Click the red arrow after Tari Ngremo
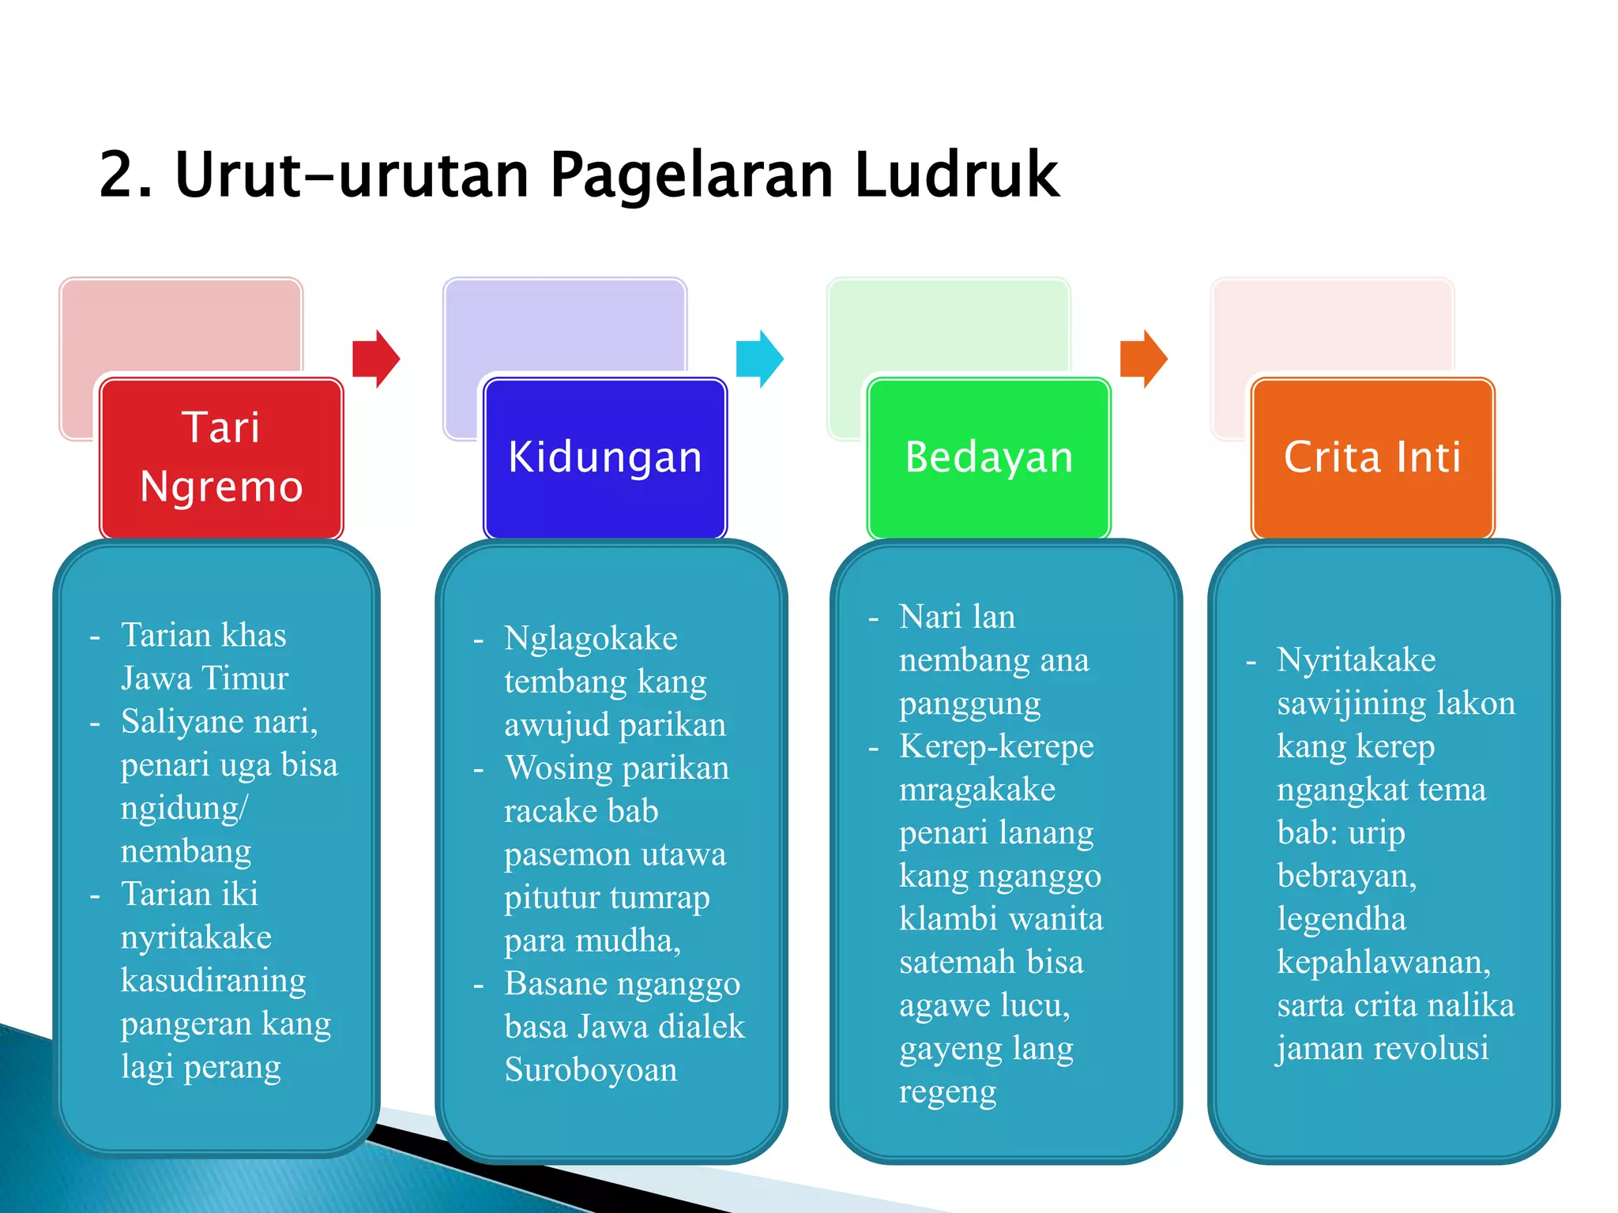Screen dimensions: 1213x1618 [376, 359]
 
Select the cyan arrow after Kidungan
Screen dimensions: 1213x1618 [759, 359]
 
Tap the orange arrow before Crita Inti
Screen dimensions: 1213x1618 [1143, 359]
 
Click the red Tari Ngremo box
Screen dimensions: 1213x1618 [221, 457]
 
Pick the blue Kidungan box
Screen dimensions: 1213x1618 [605, 457]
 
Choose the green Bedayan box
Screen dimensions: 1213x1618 [989, 457]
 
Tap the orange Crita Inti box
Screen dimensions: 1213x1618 [1372, 457]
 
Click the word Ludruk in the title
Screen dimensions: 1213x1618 [956, 175]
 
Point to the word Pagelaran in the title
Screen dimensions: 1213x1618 [691, 175]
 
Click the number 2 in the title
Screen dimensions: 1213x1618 [116, 175]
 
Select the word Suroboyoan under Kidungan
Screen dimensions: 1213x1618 [591, 1070]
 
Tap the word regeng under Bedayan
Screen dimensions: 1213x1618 [948, 1092]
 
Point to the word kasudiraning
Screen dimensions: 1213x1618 [213, 980]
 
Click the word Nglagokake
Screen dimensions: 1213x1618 [591, 638]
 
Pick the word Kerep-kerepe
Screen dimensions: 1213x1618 [996, 746]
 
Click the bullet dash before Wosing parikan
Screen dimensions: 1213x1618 [479, 768]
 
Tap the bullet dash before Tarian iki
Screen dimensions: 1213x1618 [95, 896]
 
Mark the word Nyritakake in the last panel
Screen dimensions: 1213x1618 [1356, 660]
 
